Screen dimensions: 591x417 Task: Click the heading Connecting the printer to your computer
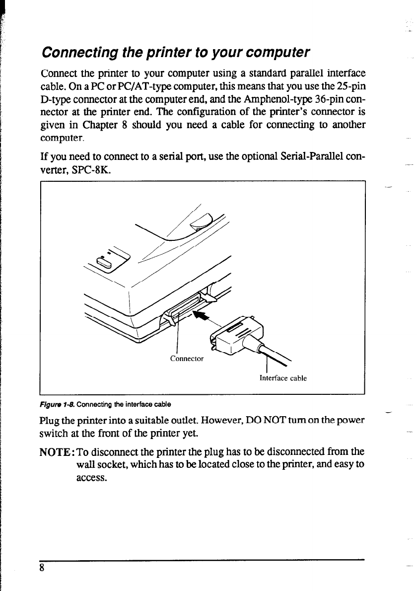(x=176, y=52)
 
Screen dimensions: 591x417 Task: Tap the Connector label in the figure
(x=187, y=358)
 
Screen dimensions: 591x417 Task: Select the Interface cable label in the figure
(x=283, y=378)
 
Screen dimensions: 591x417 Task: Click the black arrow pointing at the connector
(x=202, y=316)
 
